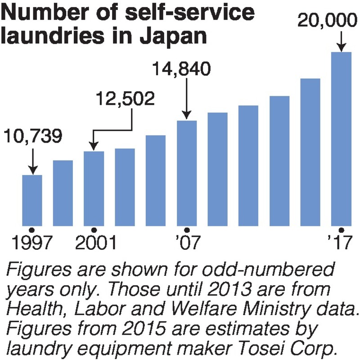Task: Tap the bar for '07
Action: pos(187,173)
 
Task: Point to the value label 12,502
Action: pos(123,99)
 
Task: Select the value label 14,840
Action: pos(181,70)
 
